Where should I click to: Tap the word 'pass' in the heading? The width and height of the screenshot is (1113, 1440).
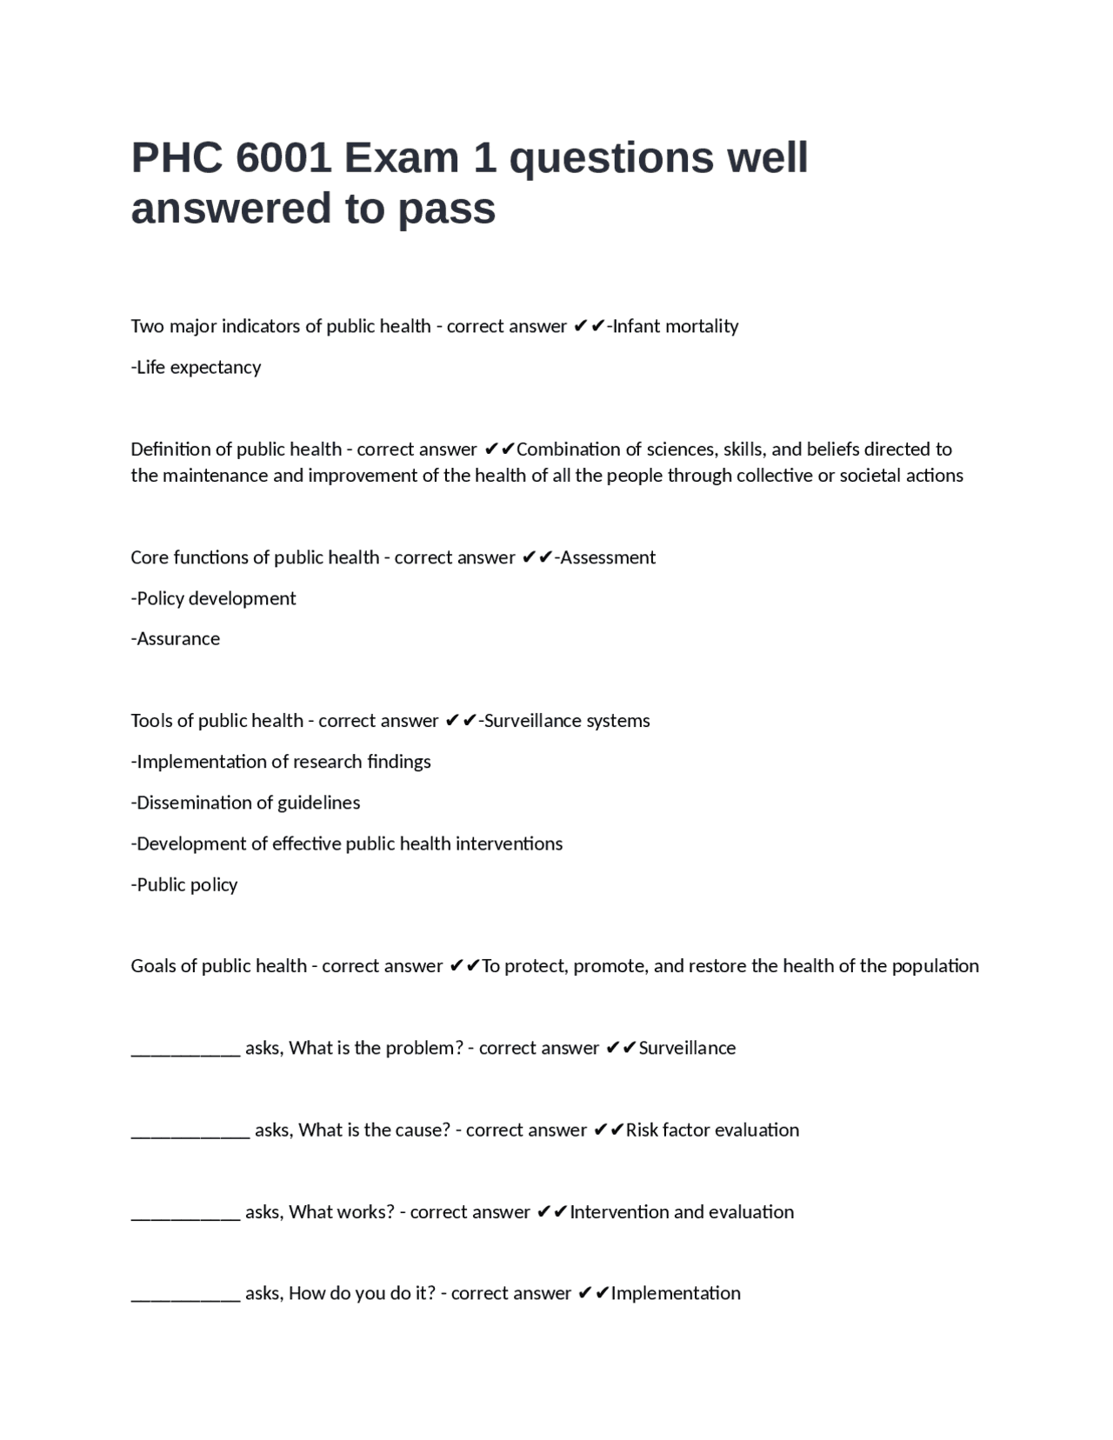click(x=447, y=209)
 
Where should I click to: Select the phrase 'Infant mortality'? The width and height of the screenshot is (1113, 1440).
click(x=676, y=326)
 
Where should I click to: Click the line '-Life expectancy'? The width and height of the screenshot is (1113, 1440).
click(x=196, y=367)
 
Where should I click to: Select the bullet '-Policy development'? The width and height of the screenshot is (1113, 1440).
click(x=213, y=598)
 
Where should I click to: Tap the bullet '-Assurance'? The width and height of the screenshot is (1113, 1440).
click(x=176, y=639)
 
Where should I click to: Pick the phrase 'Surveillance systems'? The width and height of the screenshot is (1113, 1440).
click(x=566, y=721)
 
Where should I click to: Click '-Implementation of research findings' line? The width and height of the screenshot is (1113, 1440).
click(x=281, y=762)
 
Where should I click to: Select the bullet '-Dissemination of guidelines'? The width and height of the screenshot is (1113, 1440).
click(x=245, y=803)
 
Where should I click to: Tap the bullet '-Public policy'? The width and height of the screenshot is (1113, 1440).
click(x=184, y=884)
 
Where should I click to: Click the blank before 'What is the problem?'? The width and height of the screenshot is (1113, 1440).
click(x=185, y=1049)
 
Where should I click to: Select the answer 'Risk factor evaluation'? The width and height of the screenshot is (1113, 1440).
click(x=712, y=1130)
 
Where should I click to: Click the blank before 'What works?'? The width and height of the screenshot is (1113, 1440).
click(x=185, y=1212)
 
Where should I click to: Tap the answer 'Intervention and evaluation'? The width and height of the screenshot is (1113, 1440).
click(x=682, y=1212)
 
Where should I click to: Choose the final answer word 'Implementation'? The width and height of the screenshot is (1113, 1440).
click(x=676, y=1293)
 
